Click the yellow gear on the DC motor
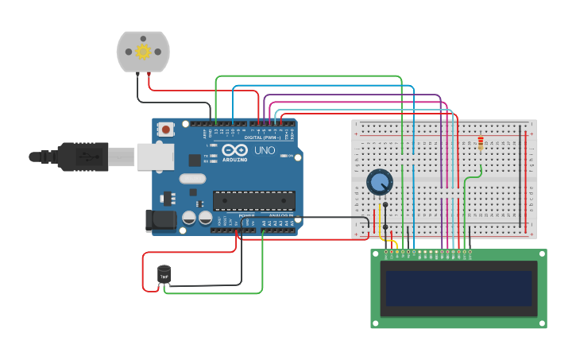pyautogui.click(x=143, y=52)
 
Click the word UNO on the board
pyautogui.click(x=265, y=150)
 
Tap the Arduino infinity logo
pyautogui.click(x=235, y=149)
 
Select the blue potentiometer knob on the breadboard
pyautogui.click(x=379, y=182)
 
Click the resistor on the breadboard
pyautogui.click(x=481, y=144)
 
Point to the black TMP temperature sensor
pyautogui.click(x=164, y=275)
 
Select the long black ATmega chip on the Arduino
pyautogui.click(x=253, y=200)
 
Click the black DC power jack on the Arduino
pyautogui.click(x=160, y=220)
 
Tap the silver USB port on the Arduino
pyautogui.click(x=155, y=157)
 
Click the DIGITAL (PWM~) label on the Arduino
pyautogui.click(x=262, y=137)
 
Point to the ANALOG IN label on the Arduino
pyautogui.click(x=280, y=215)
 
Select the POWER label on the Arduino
pyautogui.click(x=246, y=215)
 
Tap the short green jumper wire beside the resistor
pyautogui.click(x=474, y=174)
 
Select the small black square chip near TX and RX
pyautogui.click(x=195, y=160)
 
